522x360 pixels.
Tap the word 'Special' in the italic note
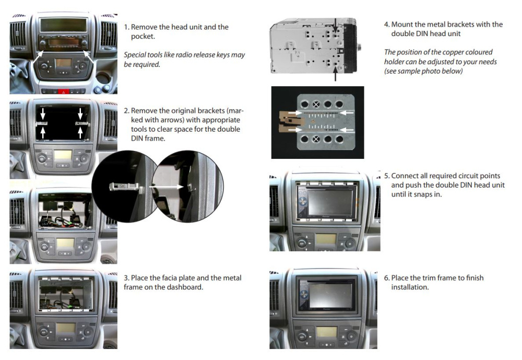[x=136, y=55]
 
